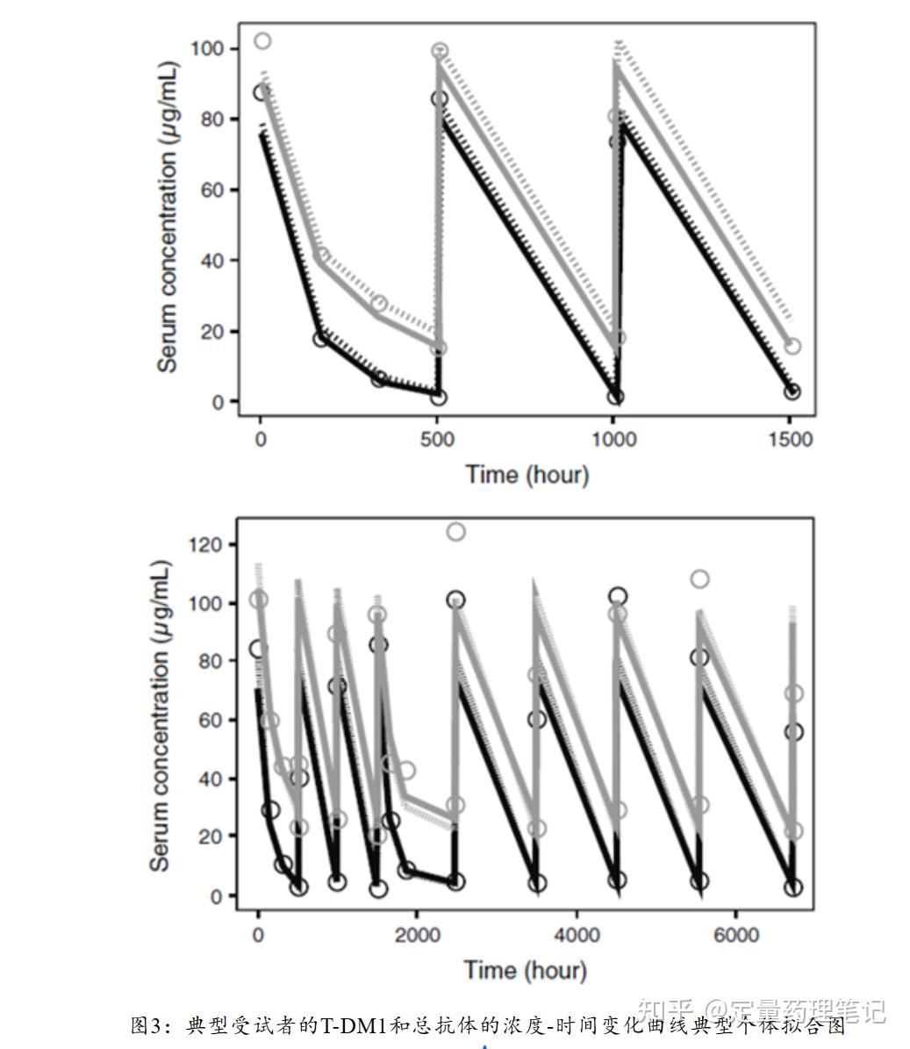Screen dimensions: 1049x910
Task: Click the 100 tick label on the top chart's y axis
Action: click(x=208, y=48)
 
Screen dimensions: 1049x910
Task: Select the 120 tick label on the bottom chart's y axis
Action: click(x=205, y=544)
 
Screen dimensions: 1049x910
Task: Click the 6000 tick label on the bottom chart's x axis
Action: click(x=735, y=935)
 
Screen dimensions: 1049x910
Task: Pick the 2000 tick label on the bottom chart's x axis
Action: click(x=417, y=935)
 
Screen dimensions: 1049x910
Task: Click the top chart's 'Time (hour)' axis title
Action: click(x=527, y=475)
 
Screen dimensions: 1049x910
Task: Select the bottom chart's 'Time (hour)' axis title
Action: click(x=525, y=970)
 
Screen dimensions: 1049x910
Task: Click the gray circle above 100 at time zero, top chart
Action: click(x=262, y=40)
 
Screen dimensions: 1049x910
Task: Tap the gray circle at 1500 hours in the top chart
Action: click(x=792, y=346)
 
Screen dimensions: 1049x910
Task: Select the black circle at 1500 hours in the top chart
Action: click(x=792, y=392)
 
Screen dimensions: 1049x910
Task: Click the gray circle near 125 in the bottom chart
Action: click(x=455, y=531)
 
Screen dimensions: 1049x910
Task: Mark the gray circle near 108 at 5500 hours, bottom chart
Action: click(x=699, y=578)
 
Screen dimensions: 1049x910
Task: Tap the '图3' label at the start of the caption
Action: click(x=146, y=1025)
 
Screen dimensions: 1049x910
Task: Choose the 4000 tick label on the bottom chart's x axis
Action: click(x=576, y=935)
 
